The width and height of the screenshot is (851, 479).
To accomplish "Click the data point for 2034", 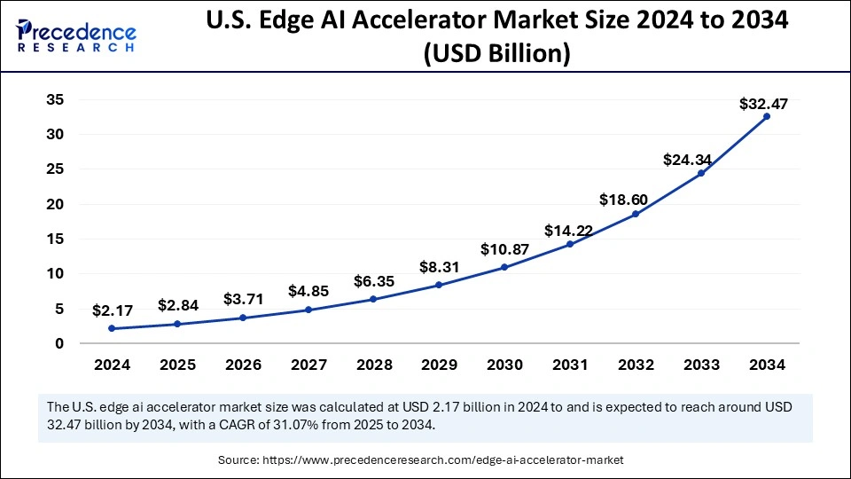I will (x=766, y=116).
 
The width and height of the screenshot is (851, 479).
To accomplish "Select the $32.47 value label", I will (x=763, y=104).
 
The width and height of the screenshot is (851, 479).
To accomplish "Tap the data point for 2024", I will (x=113, y=328).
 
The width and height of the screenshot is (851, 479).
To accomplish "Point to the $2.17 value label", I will (x=113, y=311).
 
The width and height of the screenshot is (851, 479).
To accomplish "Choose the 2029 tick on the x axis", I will (x=439, y=364).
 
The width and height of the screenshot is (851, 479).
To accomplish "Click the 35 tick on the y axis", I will (x=56, y=99).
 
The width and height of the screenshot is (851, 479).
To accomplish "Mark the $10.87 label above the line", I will (x=504, y=250).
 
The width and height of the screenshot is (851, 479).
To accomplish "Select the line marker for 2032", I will (x=636, y=214).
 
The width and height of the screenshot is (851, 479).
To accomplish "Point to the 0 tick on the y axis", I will (x=59, y=343).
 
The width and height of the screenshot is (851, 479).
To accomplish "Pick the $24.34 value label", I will (x=687, y=160).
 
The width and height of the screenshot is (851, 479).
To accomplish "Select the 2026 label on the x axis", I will (x=243, y=364).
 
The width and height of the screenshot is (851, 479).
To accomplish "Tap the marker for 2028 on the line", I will (x=373, y=299).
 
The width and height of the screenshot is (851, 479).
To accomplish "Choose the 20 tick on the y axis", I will (x=56, y=204).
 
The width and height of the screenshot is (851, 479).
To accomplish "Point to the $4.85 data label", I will (x=309, y=291).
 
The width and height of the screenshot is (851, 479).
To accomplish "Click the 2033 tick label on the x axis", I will (x=700, y=364).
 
